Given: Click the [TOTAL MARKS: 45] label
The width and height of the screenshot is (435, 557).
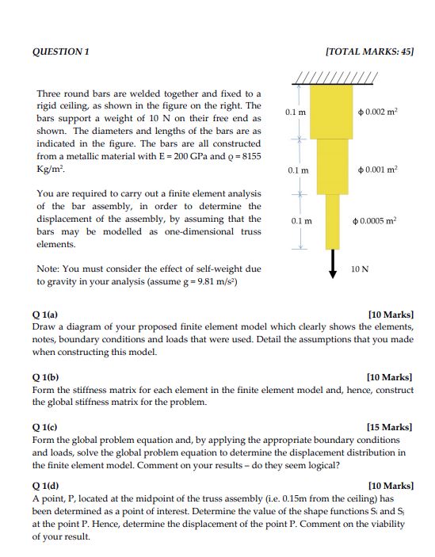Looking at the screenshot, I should tap(369, 52).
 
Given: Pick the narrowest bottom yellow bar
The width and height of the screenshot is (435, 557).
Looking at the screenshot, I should tap(332, 221).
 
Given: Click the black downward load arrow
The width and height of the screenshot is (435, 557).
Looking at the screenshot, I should tap(332, 261).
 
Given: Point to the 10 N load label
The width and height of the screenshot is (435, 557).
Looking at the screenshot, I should tap(360, 269).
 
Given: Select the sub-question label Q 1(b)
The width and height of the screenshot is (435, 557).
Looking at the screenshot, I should tap(45, 378).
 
